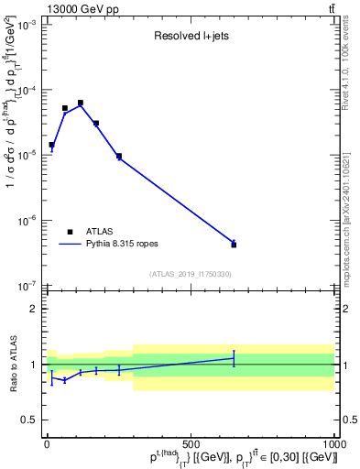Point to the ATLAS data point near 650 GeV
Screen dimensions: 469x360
tap(234, 245)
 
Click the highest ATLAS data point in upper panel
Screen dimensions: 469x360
tap(81, 103)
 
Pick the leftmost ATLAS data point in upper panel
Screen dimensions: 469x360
tap(51, 145)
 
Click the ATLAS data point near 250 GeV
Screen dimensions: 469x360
tap(119, 156)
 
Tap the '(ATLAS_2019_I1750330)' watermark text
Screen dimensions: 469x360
tap(191, 274)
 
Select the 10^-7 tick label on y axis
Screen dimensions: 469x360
tap(25, 286)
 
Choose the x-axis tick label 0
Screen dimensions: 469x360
tap(47, 445)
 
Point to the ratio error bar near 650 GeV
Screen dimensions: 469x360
tap(234, 358)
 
